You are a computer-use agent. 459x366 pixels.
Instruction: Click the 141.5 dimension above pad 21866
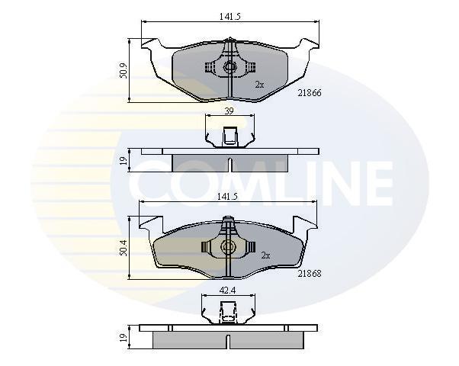230,17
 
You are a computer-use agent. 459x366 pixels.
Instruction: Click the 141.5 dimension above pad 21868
227,197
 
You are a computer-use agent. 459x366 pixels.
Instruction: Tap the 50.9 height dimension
124,71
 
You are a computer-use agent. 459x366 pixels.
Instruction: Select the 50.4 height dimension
124,248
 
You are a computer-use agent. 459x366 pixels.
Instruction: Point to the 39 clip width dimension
229,111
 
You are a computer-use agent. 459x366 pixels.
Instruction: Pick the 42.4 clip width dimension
227,291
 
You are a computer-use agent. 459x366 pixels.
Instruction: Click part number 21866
310,93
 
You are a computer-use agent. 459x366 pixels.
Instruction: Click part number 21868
310,274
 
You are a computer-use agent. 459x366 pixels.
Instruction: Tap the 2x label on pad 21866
259,85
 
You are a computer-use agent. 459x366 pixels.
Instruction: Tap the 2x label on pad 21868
265,255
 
